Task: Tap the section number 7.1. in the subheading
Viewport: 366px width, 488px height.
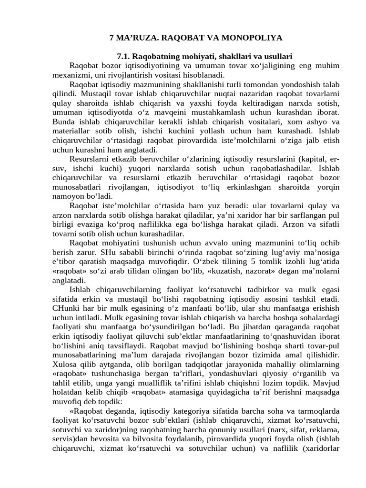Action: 125,56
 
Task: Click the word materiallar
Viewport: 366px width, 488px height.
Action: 71,131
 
